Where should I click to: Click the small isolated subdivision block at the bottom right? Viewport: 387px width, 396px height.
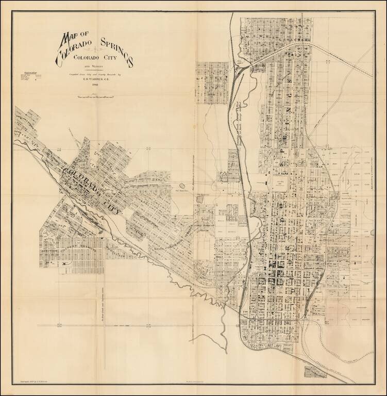click(314, 372)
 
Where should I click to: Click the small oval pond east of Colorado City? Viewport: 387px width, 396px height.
click(182, 186)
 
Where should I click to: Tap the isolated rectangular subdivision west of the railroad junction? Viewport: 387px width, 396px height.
click(212, 82)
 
